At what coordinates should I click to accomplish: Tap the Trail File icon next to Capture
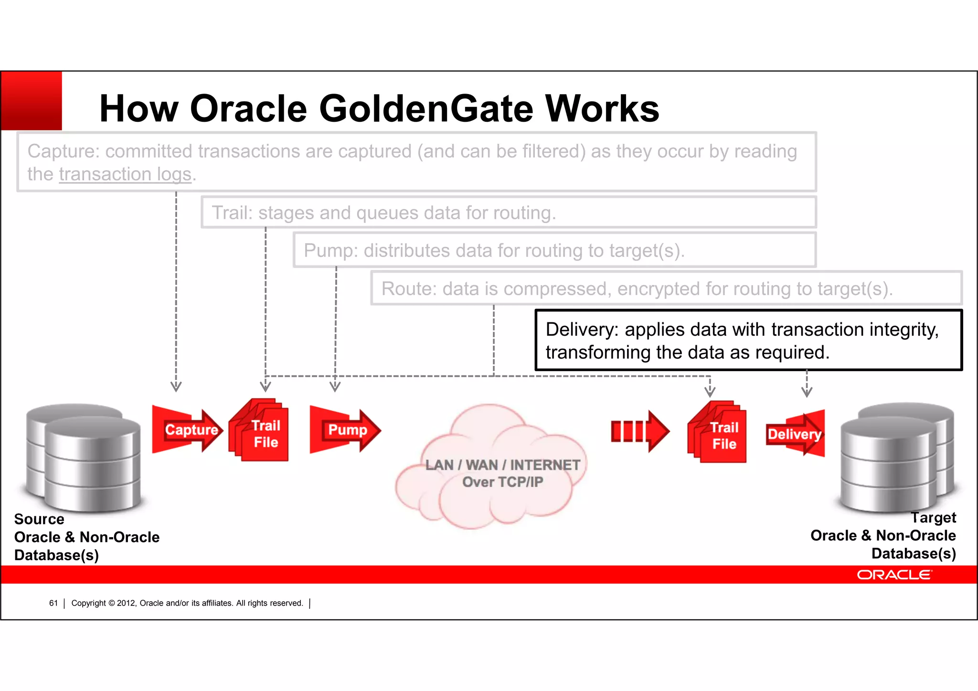259,430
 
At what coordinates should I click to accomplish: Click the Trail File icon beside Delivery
718,432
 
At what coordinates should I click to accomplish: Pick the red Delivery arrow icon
796,434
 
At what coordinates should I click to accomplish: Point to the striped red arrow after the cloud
640,431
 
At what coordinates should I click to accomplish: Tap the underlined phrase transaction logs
125,174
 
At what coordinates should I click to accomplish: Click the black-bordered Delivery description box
748,340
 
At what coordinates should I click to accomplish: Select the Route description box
666,288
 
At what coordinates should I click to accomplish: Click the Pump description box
554,250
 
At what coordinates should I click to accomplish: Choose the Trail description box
509,213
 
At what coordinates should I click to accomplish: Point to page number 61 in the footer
53,603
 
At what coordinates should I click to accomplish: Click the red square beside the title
32,101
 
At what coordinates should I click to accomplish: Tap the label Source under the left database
39,519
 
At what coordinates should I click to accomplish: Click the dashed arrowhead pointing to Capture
176,386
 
